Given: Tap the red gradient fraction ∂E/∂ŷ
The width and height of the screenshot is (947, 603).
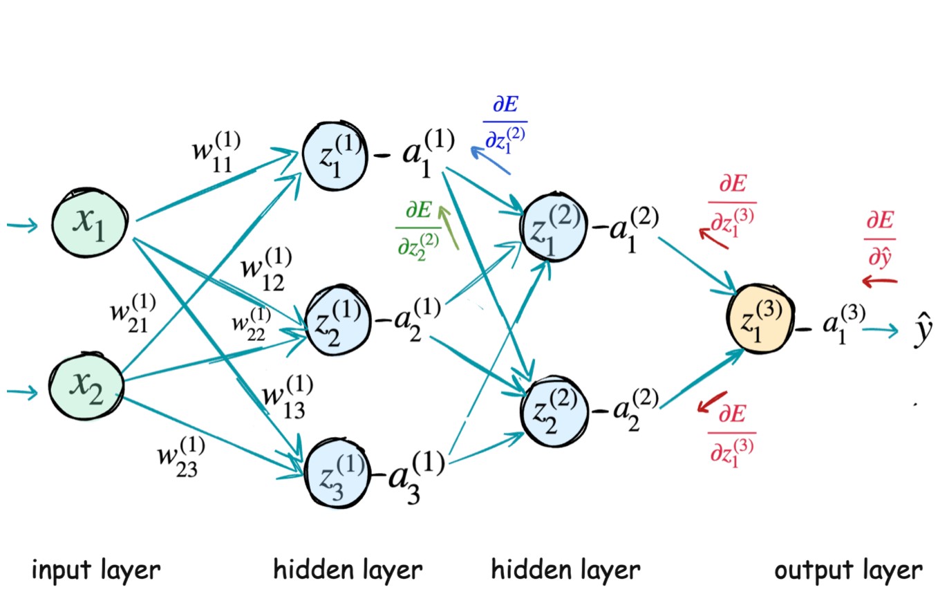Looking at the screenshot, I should point(881,239).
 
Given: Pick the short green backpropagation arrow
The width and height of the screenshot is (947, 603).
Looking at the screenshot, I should point(448,225).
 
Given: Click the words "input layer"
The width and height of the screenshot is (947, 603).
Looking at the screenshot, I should point(96,571).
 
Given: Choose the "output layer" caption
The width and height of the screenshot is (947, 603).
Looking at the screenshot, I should point(847,571).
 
